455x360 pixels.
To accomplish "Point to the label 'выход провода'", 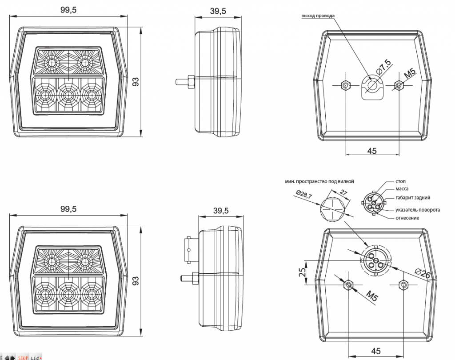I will [318, 16].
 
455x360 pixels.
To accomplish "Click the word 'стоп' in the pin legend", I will [400, 181].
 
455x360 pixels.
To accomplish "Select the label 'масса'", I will [402, 189].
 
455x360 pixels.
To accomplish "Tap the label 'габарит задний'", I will [413, 197].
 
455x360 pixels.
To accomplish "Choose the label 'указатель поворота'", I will [418, 210].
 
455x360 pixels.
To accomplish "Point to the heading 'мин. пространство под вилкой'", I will [320, 181].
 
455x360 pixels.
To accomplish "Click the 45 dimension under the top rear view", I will [372, 151].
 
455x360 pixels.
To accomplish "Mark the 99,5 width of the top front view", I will [68, 10].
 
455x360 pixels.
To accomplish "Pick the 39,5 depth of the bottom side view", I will [220, 211].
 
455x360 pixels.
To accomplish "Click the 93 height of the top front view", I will [136, 81].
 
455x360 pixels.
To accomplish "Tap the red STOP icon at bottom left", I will [23, 357].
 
